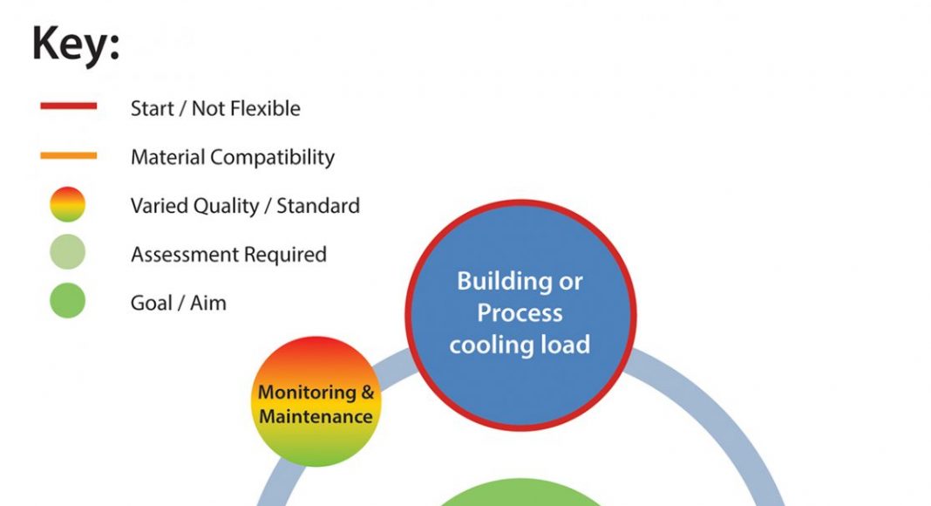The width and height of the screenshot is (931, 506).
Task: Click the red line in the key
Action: [x=68, y=106]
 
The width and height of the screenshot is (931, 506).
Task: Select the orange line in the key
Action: [x=68, y=156]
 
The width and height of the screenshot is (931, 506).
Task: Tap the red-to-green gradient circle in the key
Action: [x=68, y=205]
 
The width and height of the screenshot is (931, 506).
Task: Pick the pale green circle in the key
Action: [x=68, y=253]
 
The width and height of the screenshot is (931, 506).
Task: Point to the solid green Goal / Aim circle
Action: [x=68, y=302]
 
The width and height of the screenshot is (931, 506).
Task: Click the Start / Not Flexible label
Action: [x=215, y=109]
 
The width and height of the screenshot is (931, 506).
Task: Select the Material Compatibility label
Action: [x=232, y=158]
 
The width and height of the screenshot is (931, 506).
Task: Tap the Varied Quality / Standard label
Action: [x=245, y=207]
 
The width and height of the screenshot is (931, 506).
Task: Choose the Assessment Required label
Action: [x=228, y=255]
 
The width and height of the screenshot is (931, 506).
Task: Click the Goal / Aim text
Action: [x=178, y=304]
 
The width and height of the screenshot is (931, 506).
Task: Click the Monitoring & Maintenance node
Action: [x=316, y=404]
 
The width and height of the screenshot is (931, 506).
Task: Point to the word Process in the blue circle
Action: [x=520, y=313]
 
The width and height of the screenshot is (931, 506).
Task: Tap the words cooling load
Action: [x=520, y=344]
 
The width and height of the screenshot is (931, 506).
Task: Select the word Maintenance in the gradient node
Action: [x=316, y=416]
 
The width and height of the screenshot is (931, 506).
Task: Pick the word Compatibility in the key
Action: [x=278, y=158]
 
